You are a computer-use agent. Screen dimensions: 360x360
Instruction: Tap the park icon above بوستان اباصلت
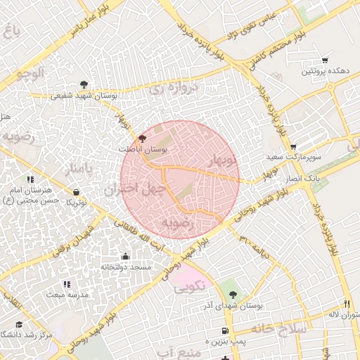(143, 139)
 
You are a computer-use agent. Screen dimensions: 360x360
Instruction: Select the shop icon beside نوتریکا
(76, 192)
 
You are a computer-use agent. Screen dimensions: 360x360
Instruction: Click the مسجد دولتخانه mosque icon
(125, 256)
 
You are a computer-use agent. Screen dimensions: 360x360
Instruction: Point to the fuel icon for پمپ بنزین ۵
(224, 330)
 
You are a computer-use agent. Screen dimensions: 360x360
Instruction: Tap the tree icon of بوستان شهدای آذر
(233, 295)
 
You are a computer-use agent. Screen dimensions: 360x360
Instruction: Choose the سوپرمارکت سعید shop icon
(293, 146)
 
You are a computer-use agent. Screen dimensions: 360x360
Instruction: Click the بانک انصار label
(303, 179)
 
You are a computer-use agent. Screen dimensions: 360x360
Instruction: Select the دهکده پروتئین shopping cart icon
(324, 60)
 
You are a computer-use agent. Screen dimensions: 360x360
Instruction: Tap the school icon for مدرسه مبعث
(67, 284)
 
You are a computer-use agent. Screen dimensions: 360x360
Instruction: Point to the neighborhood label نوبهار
(222, 160)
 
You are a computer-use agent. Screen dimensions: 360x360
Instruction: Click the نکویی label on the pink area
(188, 286)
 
